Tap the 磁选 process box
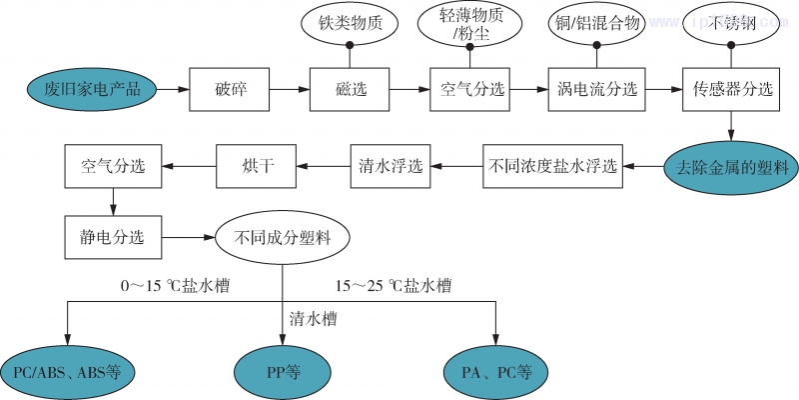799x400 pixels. pos(351,89)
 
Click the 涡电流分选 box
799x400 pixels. pos(597,89)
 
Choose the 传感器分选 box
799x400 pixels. pos(733,89)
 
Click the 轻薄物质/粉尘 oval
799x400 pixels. pos(470,25)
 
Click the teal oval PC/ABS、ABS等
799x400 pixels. pos(67,372)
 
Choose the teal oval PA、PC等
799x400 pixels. pos(496,372)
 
